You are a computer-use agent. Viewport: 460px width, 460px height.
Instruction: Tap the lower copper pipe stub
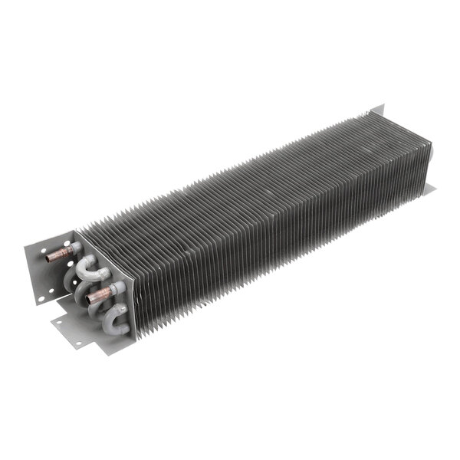coord(98,295)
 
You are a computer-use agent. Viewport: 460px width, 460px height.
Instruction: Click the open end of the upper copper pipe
coord(48,259)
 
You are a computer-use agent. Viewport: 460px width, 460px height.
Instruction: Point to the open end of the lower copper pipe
coord(88,300)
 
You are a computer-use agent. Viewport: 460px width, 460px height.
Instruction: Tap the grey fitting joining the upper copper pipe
coord(75,247)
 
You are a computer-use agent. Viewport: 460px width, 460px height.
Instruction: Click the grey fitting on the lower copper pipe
coord(117,287)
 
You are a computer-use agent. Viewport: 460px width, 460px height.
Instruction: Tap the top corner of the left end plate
coord(73,231)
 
